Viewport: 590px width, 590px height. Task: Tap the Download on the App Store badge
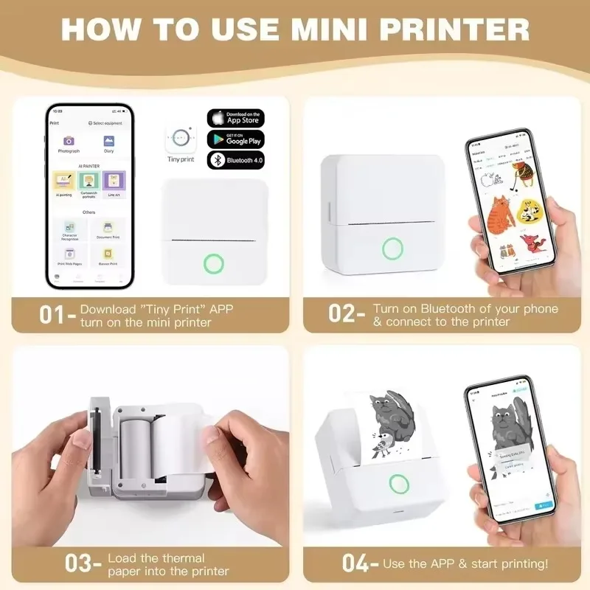pos(235,118)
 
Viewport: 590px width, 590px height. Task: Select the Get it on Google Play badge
pos(235,139)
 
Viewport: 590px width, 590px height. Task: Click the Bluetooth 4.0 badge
pos(235,159)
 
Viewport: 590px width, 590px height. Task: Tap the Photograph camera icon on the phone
pos(69,141)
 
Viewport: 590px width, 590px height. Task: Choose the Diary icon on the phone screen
pos(108,141)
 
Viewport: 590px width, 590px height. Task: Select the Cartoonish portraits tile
pos(88,181)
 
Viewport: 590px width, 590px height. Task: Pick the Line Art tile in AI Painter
pos(113,181)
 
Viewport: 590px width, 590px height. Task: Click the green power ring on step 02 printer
pos(392,249)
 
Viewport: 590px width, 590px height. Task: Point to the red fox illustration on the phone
pos(529,243)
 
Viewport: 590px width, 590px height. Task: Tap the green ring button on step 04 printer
pos(399,484)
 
